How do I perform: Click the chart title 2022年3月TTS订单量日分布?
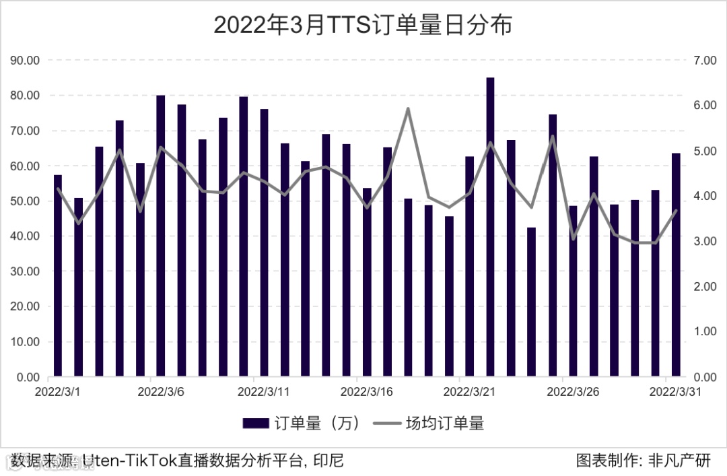[363, 25]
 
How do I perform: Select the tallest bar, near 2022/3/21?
[490, 227]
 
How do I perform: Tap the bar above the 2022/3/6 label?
[160, 236]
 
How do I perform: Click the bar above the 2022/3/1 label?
[58, 275]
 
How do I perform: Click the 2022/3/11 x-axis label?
[264, 391]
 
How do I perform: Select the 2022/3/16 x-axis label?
[367, 391]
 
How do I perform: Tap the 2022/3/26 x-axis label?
[573, 391]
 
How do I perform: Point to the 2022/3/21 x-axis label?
[470, 391]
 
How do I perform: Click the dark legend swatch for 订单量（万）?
[256, 423]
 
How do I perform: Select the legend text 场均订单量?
[444, 423]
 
